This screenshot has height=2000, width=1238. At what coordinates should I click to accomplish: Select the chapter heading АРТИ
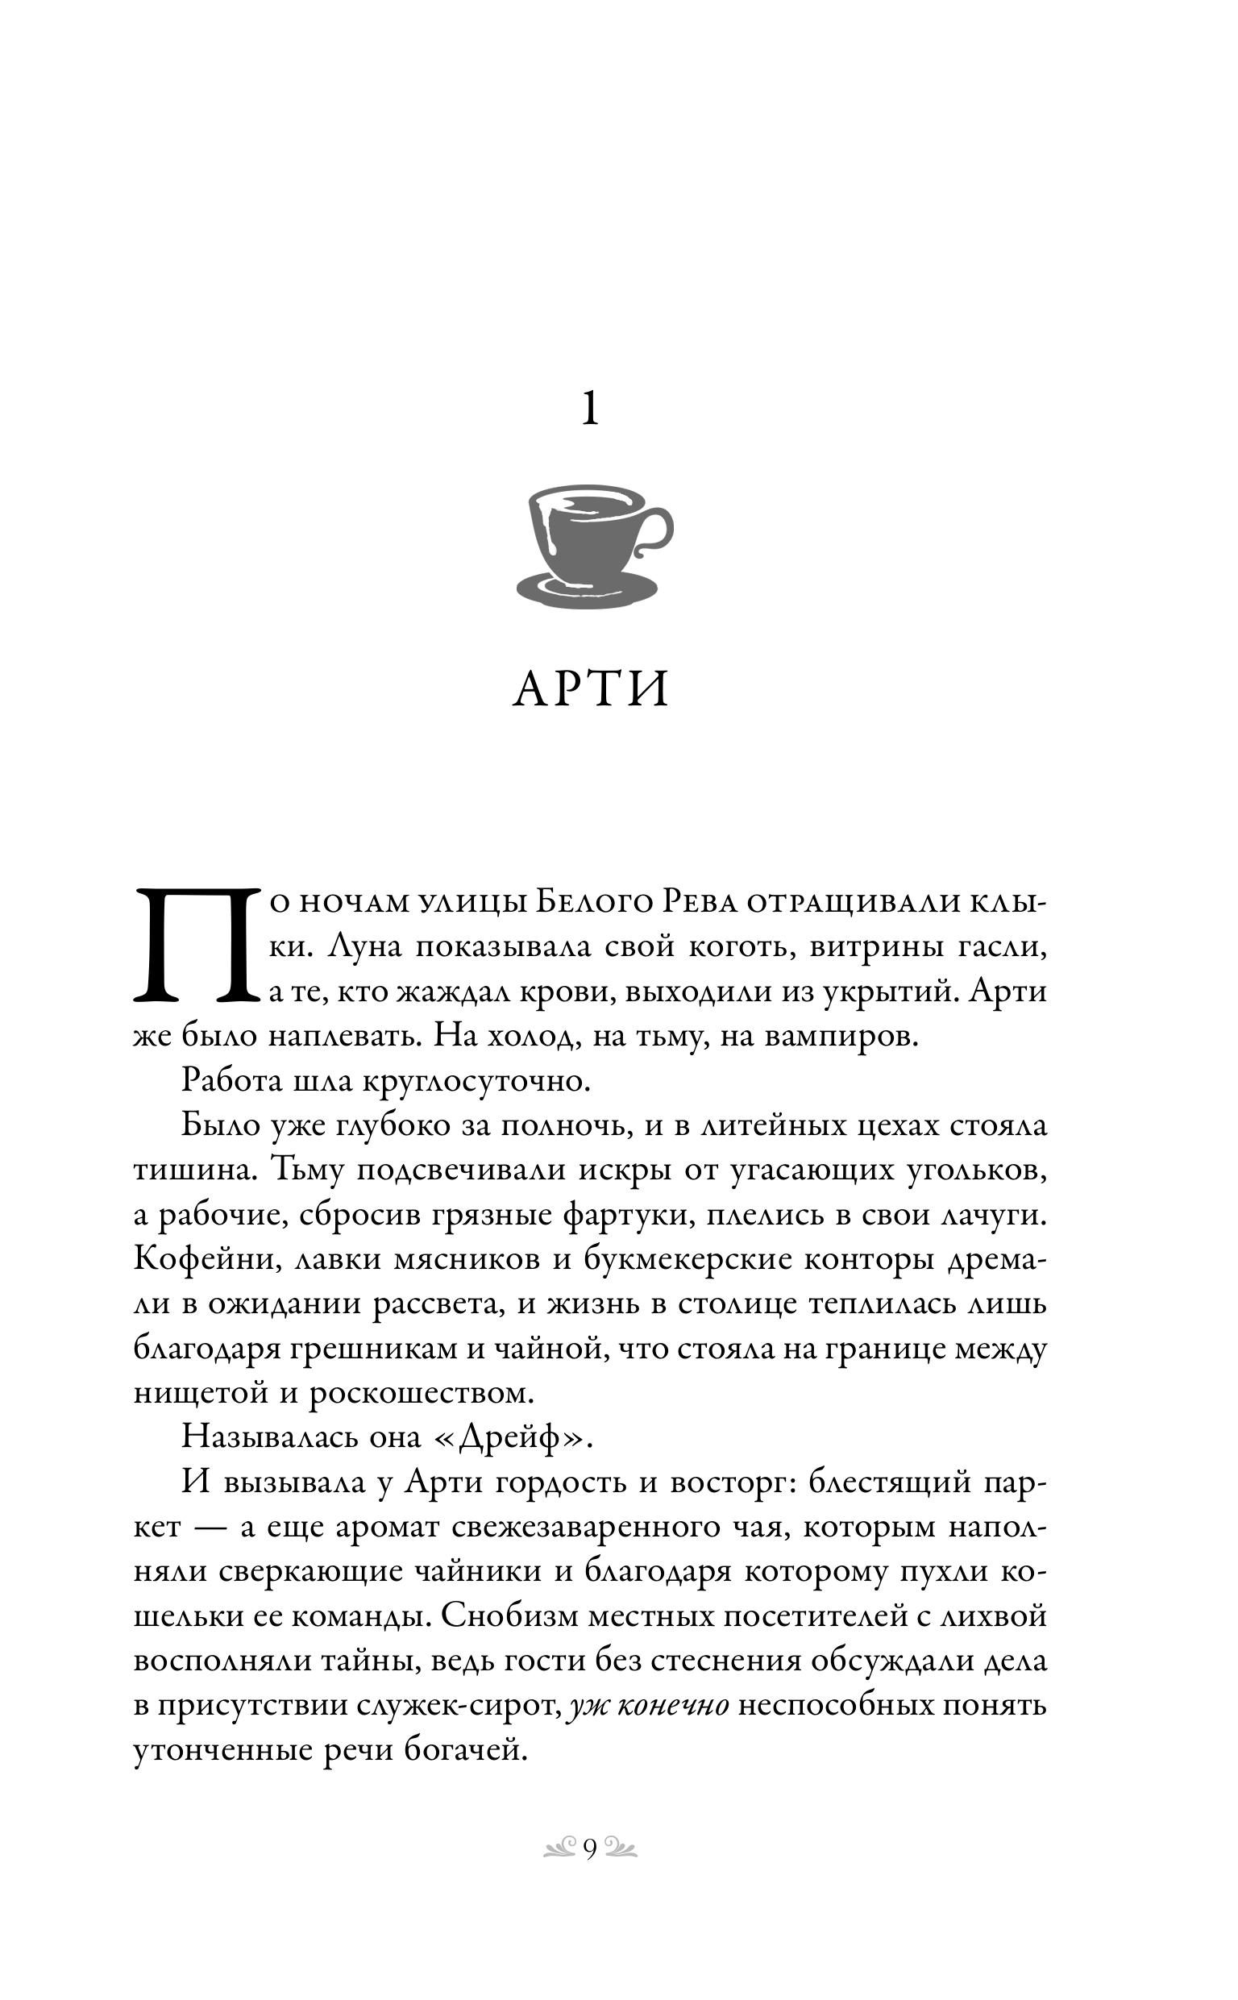coord(590,689)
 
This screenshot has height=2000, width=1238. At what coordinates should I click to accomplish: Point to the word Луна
coord(364,947)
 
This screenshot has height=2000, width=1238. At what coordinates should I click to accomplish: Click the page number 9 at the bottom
coord(589,1849)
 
